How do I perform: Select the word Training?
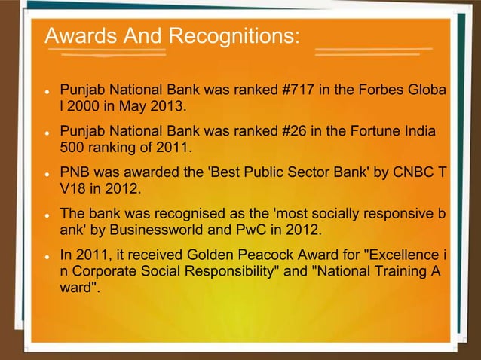click(x=406, y=267)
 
